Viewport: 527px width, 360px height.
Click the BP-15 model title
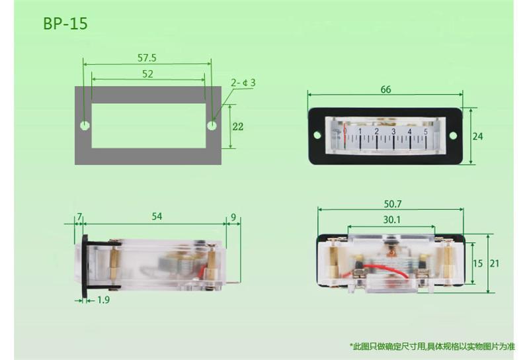[x=65, y=24]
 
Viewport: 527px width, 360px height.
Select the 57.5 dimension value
[x=147, y=58]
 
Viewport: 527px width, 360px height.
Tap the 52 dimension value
[x=147, y=73]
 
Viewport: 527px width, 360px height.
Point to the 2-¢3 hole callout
[x=243, y=83]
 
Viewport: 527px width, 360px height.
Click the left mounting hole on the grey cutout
[x=85, y=126]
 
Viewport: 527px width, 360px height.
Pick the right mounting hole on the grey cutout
[x=212, y=126]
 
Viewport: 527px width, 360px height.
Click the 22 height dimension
[x=237, y=126]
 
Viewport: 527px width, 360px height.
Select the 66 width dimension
[x=386, y=89]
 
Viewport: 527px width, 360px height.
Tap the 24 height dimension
[x=477, y=136]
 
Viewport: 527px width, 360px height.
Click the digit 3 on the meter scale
[x=393, y=132]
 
